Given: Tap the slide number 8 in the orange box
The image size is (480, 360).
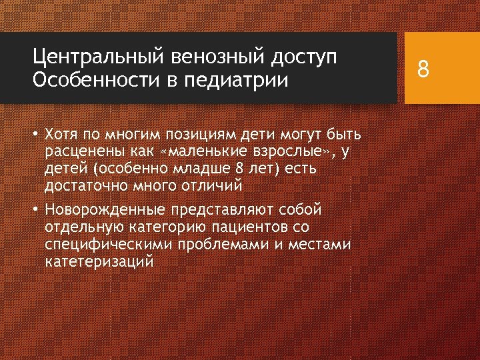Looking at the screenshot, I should (x=423, y=69).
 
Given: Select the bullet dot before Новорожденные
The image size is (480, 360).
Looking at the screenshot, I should (x=37, y=210).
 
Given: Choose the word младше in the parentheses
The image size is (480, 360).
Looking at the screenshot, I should (x=198, y=169).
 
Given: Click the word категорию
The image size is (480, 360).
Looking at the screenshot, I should (x=163, y=227).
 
